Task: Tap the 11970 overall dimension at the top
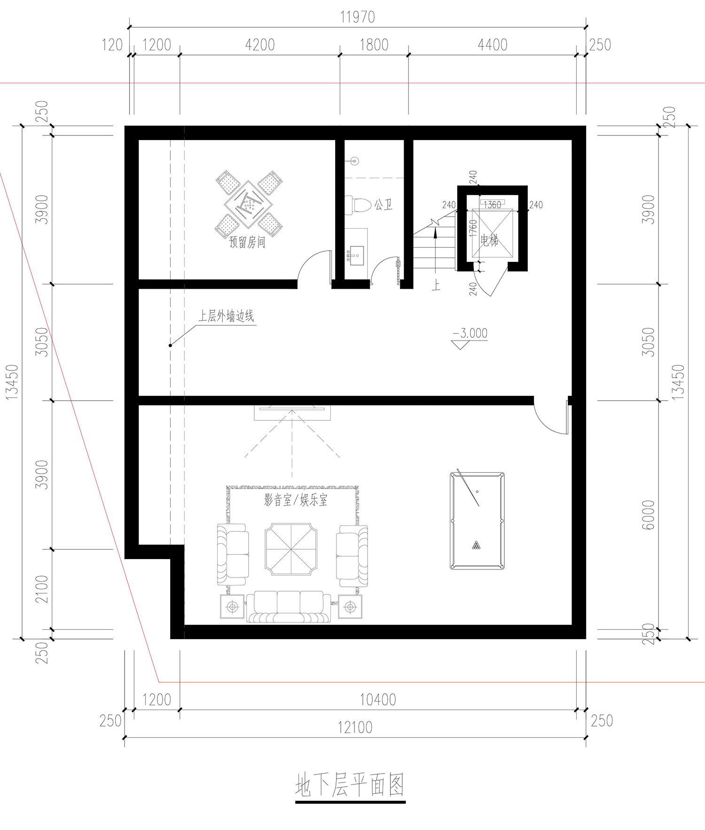[357, 17]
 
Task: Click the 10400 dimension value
[378, 699]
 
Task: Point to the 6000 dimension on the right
[648, 514]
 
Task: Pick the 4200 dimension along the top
[260, 45]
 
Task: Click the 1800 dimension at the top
[374, 45]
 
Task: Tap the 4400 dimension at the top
[493, 45]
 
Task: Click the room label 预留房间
[247, 242]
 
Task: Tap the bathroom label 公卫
[384, 205]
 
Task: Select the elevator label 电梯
[489, 241]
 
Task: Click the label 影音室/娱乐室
[296, 499]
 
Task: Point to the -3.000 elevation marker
[470, 333]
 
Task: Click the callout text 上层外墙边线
[226, 316]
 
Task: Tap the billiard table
[477, 521]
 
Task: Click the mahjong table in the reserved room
[249, 204]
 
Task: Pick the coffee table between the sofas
[291, 549]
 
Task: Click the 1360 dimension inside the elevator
[492, 205]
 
